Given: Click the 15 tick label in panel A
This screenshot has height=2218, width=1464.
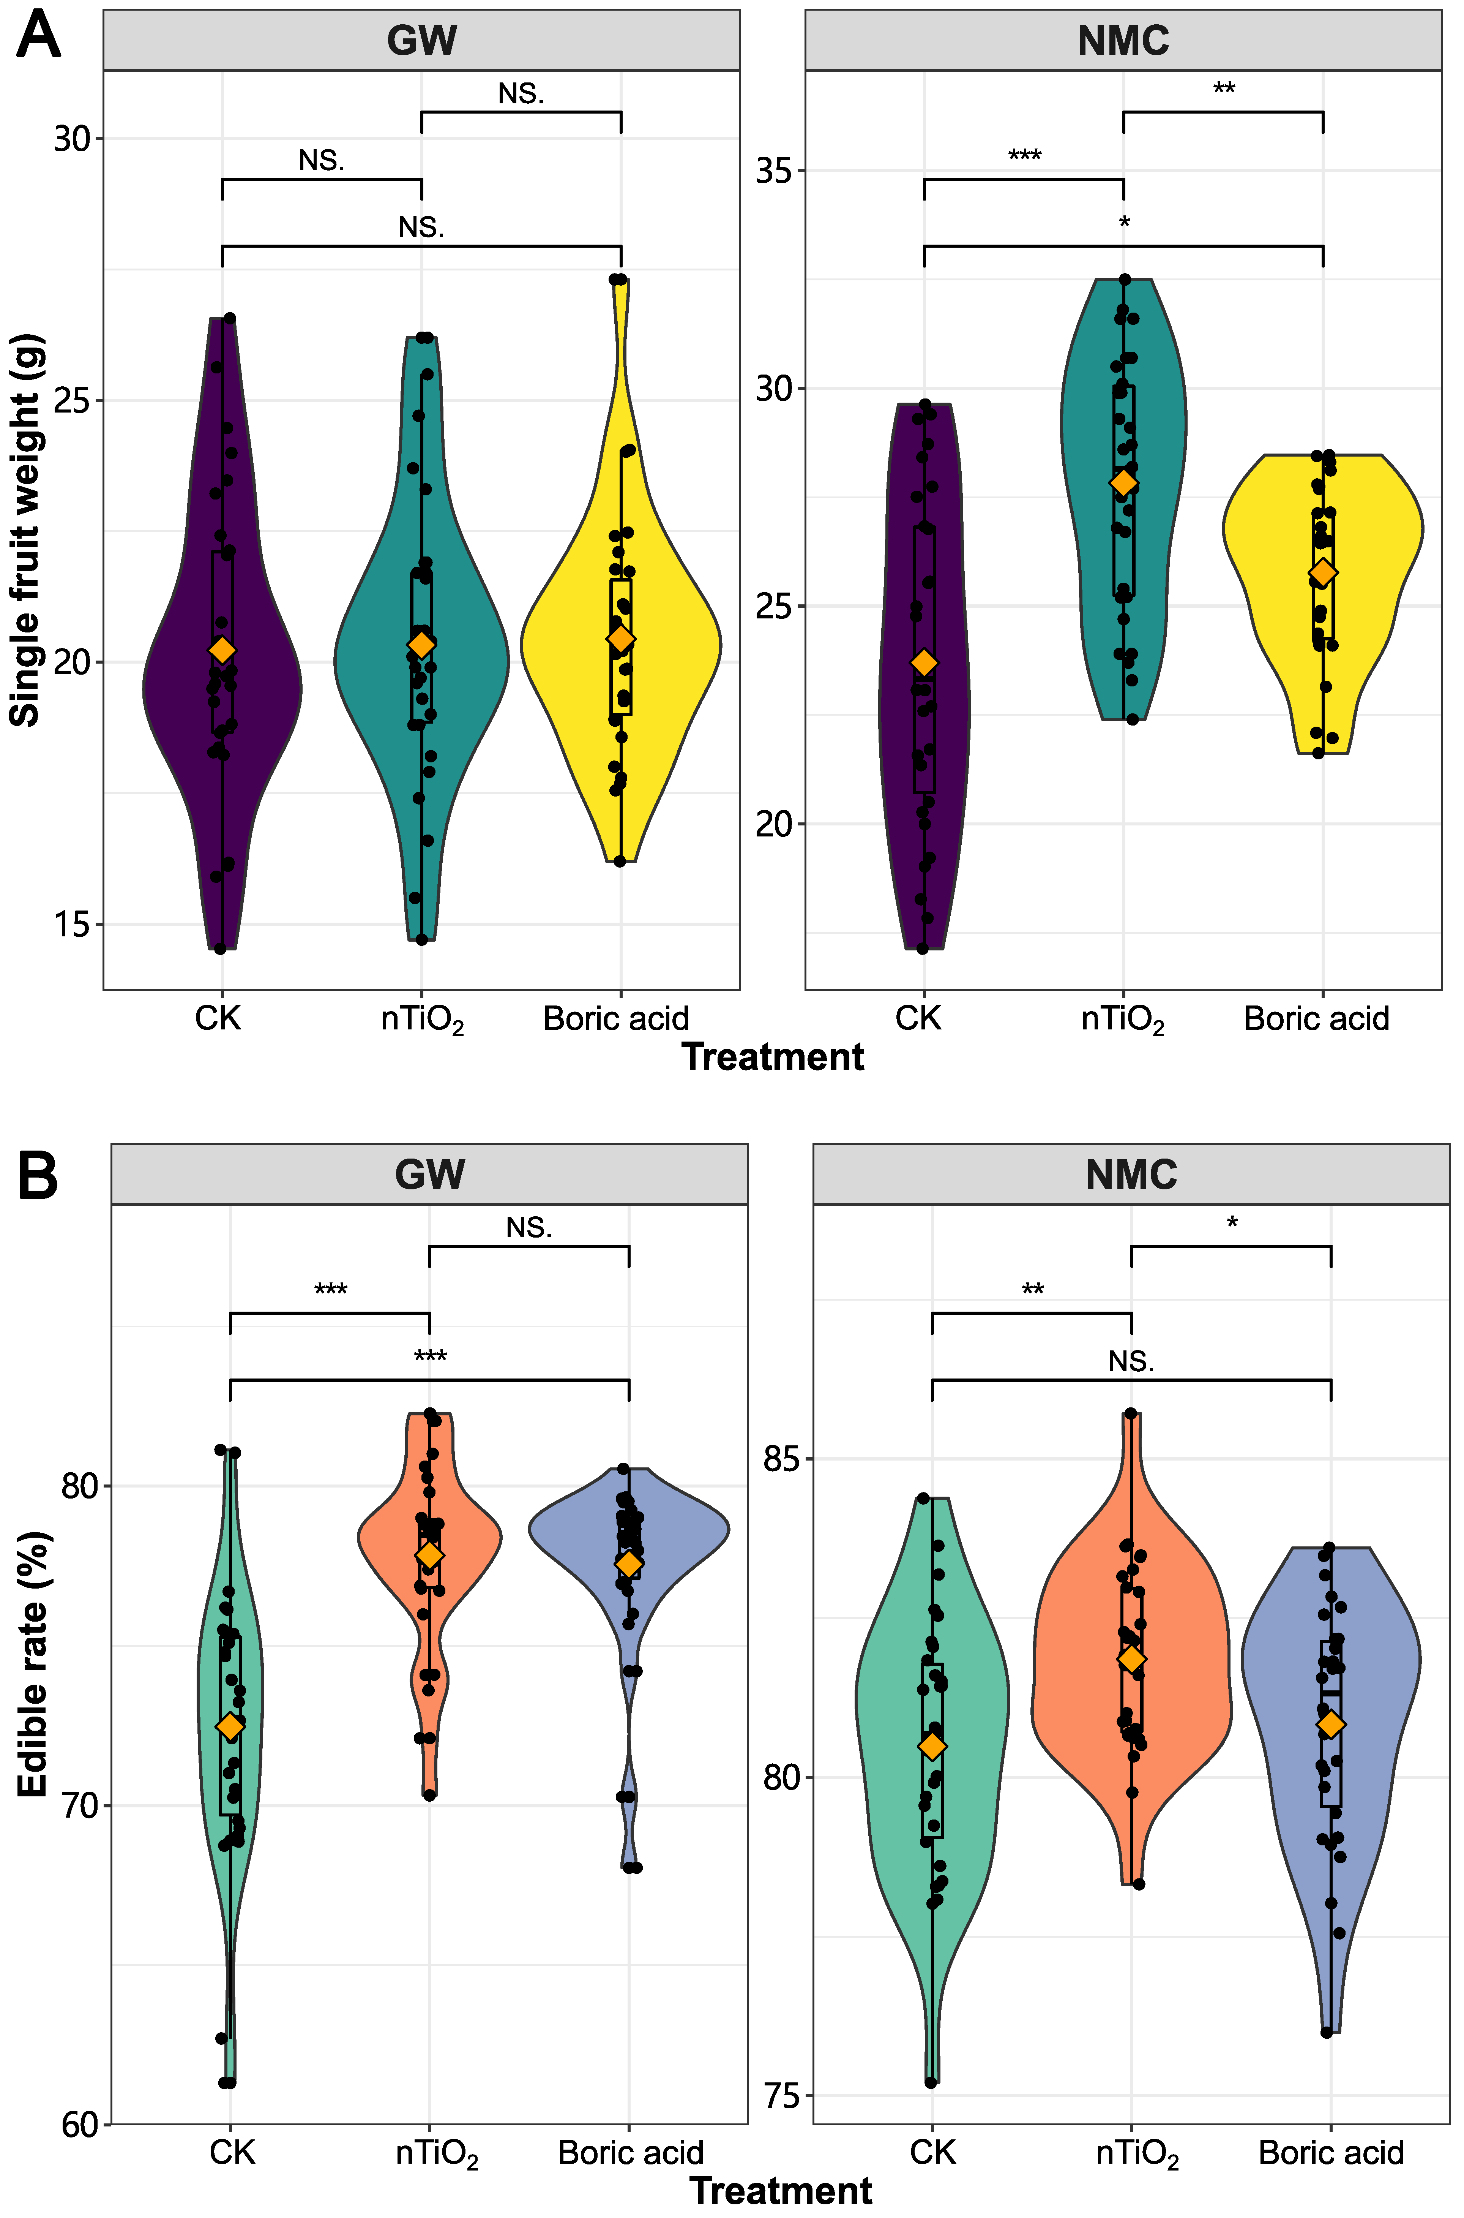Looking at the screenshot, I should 71,925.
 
